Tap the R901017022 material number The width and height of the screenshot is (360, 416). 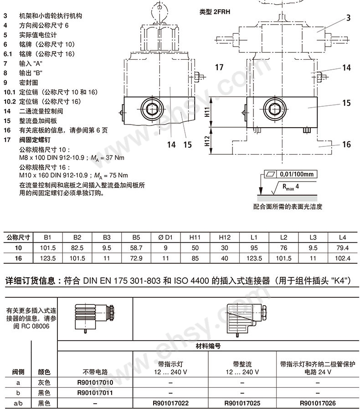tap(170, 403)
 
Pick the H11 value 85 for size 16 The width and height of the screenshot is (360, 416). tap(195, 258)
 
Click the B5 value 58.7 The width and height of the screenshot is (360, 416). tap(136, 248)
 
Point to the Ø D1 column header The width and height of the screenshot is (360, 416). tap(165, 238)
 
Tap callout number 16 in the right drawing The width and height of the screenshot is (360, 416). tap(346, 145)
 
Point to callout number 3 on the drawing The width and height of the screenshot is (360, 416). tap(348, 18)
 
